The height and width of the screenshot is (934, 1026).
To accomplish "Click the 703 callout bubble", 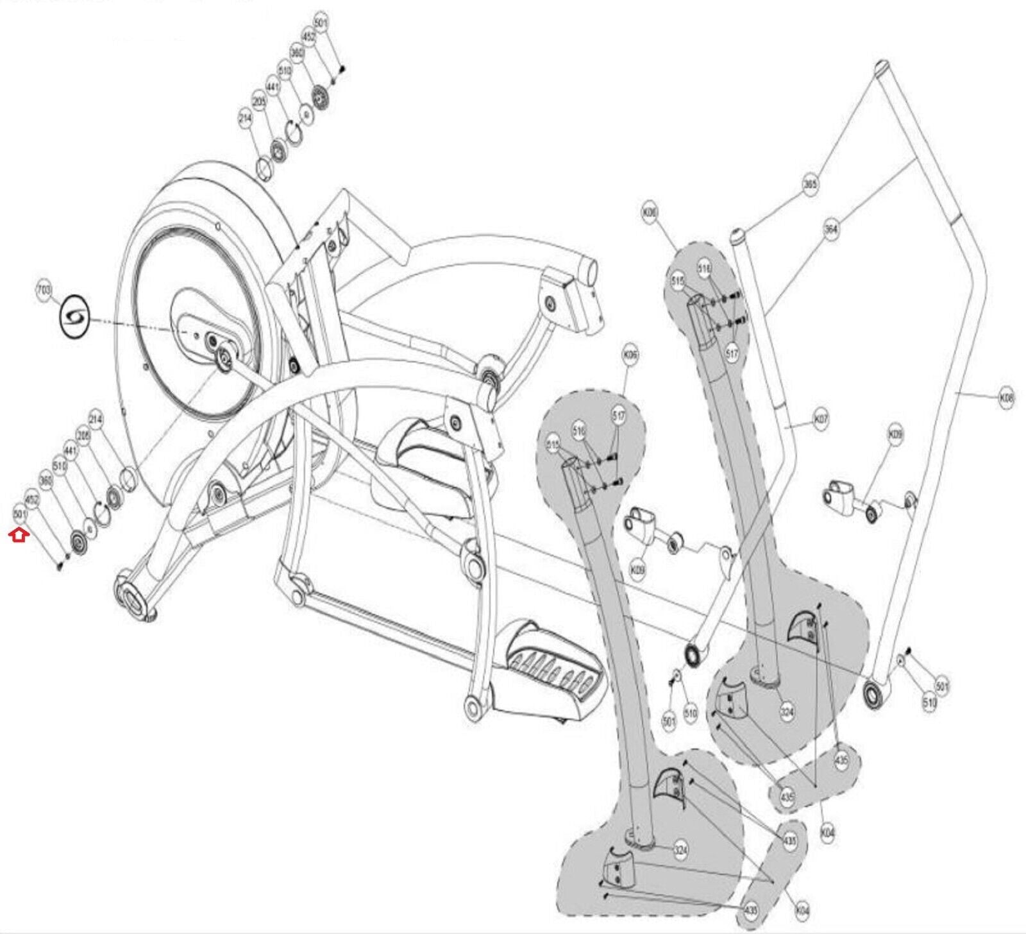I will click(x=44, y=291).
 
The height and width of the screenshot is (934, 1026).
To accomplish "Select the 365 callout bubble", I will click(x=811, y=185).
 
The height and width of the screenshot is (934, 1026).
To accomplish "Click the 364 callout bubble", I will click(x=831, y=229).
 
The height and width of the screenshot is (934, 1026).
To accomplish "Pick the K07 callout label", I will click(x=820, y=420).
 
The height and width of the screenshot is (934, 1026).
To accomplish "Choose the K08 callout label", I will click(x=1007, y=398).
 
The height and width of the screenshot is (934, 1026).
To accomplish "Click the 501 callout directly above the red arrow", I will click(x=21, y=514).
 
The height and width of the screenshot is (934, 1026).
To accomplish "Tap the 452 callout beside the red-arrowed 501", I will click(x=32, y=498).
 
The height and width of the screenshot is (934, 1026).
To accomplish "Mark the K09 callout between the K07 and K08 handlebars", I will click(x=895, y=435).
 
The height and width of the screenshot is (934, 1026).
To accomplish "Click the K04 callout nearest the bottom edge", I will click(x=802, y=910).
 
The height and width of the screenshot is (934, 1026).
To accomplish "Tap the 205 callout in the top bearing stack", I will click(x=259, y=102).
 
